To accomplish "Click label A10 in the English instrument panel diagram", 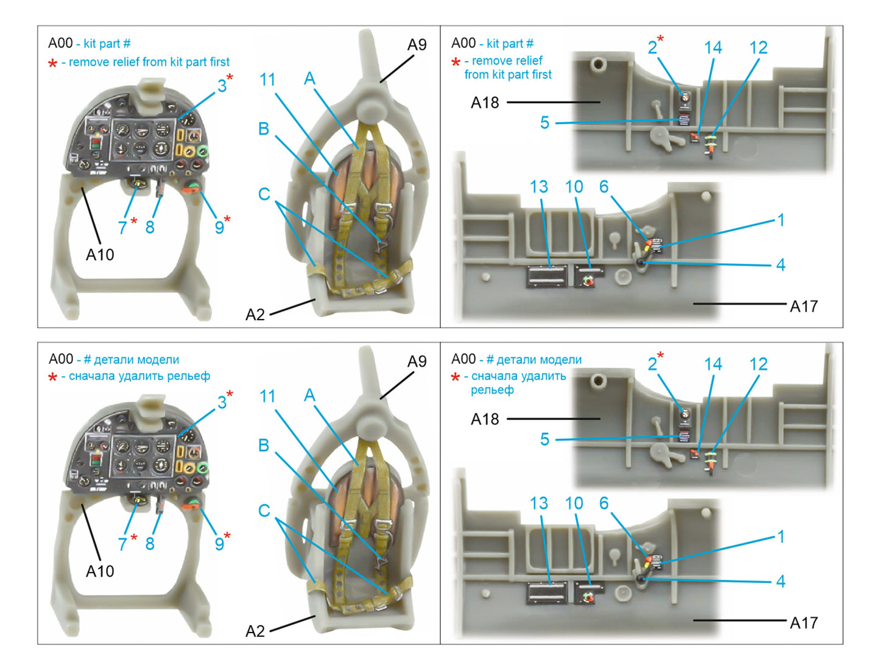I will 100,255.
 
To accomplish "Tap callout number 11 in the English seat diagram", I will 267,80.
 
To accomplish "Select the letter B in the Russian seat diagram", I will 264,445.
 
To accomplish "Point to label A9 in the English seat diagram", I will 417,45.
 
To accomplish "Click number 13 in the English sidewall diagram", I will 539,187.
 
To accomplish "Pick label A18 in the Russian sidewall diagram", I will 485,420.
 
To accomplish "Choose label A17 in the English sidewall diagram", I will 803,306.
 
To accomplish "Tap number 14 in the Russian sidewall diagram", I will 713,364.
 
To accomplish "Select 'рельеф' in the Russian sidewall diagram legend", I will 492,390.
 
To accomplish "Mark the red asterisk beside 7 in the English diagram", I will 134,220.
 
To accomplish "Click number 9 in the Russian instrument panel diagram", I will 219,543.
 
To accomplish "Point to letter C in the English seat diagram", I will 264,194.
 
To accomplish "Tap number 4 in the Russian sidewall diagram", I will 781,581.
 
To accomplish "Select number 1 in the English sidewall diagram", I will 781,220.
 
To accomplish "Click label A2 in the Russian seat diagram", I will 255,631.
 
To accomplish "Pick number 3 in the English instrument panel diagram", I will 222,86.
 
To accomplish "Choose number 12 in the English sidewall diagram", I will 758,48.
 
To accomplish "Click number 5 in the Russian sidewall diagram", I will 544,440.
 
